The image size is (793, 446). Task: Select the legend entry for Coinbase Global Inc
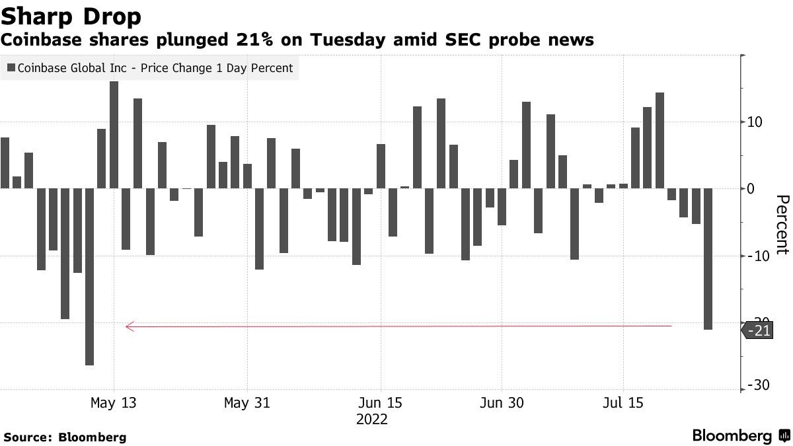pos(150,68)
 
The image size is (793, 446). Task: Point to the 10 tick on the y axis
pos(754,122)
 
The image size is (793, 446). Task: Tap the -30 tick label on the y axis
pos(757,385)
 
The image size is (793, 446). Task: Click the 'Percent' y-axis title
pos(782,225)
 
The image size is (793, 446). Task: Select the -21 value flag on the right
pos(760,330)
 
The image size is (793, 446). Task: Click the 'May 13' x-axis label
pos(114,402)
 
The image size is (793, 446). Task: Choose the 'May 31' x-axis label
pos(247,402)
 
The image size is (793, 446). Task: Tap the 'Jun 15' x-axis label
pos(381,402)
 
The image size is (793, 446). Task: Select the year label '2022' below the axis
pos(371,420)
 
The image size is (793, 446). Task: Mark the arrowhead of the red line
pos(129,326)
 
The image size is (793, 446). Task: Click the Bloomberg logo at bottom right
pos(740,436)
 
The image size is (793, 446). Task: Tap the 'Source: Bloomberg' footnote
pos(65,437)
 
